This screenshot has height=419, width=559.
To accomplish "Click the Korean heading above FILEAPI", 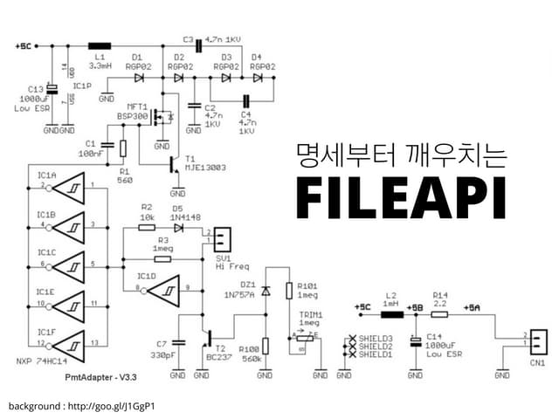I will [x=401, y=155].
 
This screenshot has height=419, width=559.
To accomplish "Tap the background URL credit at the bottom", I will [x=82, y=407].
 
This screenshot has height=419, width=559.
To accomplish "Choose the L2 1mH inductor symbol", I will [x=391, y=314].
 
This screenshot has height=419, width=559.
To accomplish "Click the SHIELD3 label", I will [x=375, y=338].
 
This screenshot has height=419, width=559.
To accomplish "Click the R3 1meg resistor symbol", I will [x=162, y=258].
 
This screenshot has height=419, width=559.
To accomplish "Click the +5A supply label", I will [x=472, y=307].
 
